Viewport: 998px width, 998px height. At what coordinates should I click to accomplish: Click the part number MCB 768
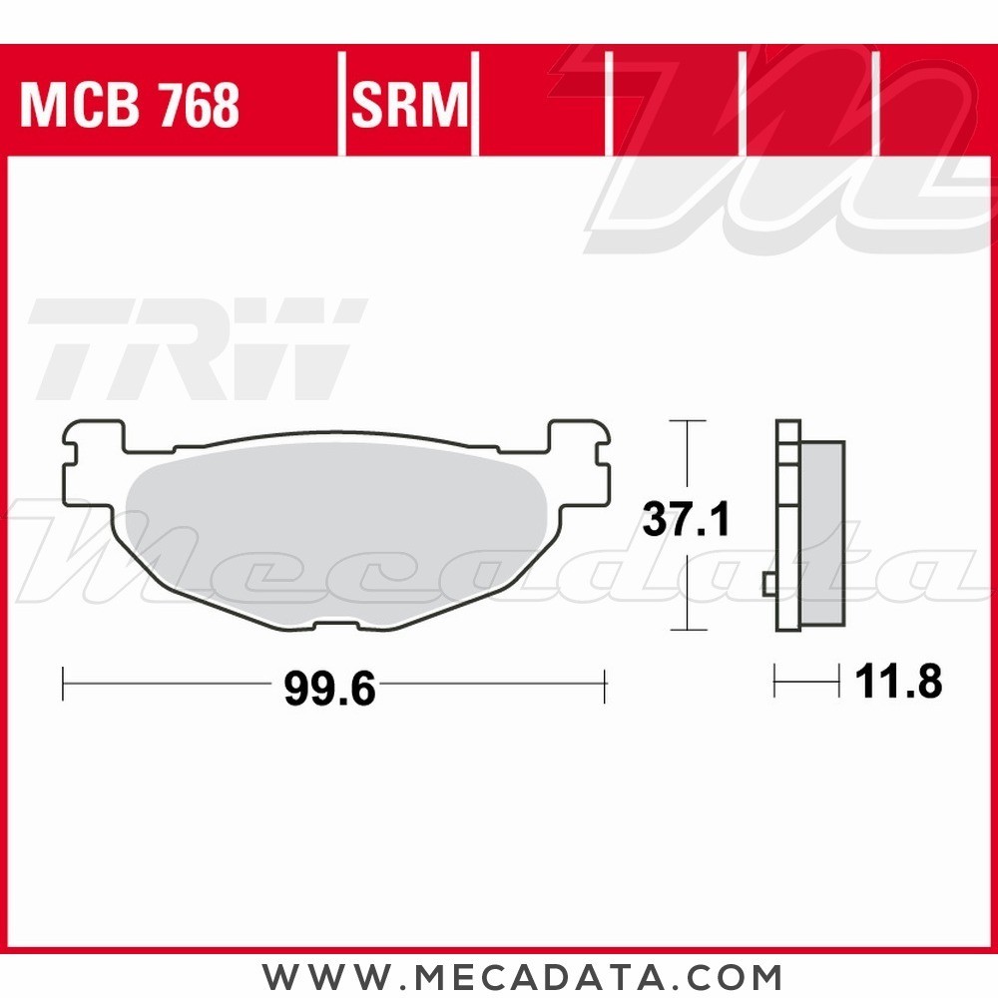[130, 104]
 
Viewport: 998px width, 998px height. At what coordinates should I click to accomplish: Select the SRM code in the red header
[409, 104]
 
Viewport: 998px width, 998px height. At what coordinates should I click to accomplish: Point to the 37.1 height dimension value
[687, 520]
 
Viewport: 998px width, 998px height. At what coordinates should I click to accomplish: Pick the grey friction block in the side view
[821, 534]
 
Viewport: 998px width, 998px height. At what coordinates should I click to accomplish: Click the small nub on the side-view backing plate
[769, 583]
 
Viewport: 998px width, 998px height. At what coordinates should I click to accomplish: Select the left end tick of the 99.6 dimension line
[63, 684]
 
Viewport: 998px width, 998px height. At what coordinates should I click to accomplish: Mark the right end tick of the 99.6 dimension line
[605, 684]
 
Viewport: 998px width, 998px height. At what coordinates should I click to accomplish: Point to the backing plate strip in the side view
[788, 524]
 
